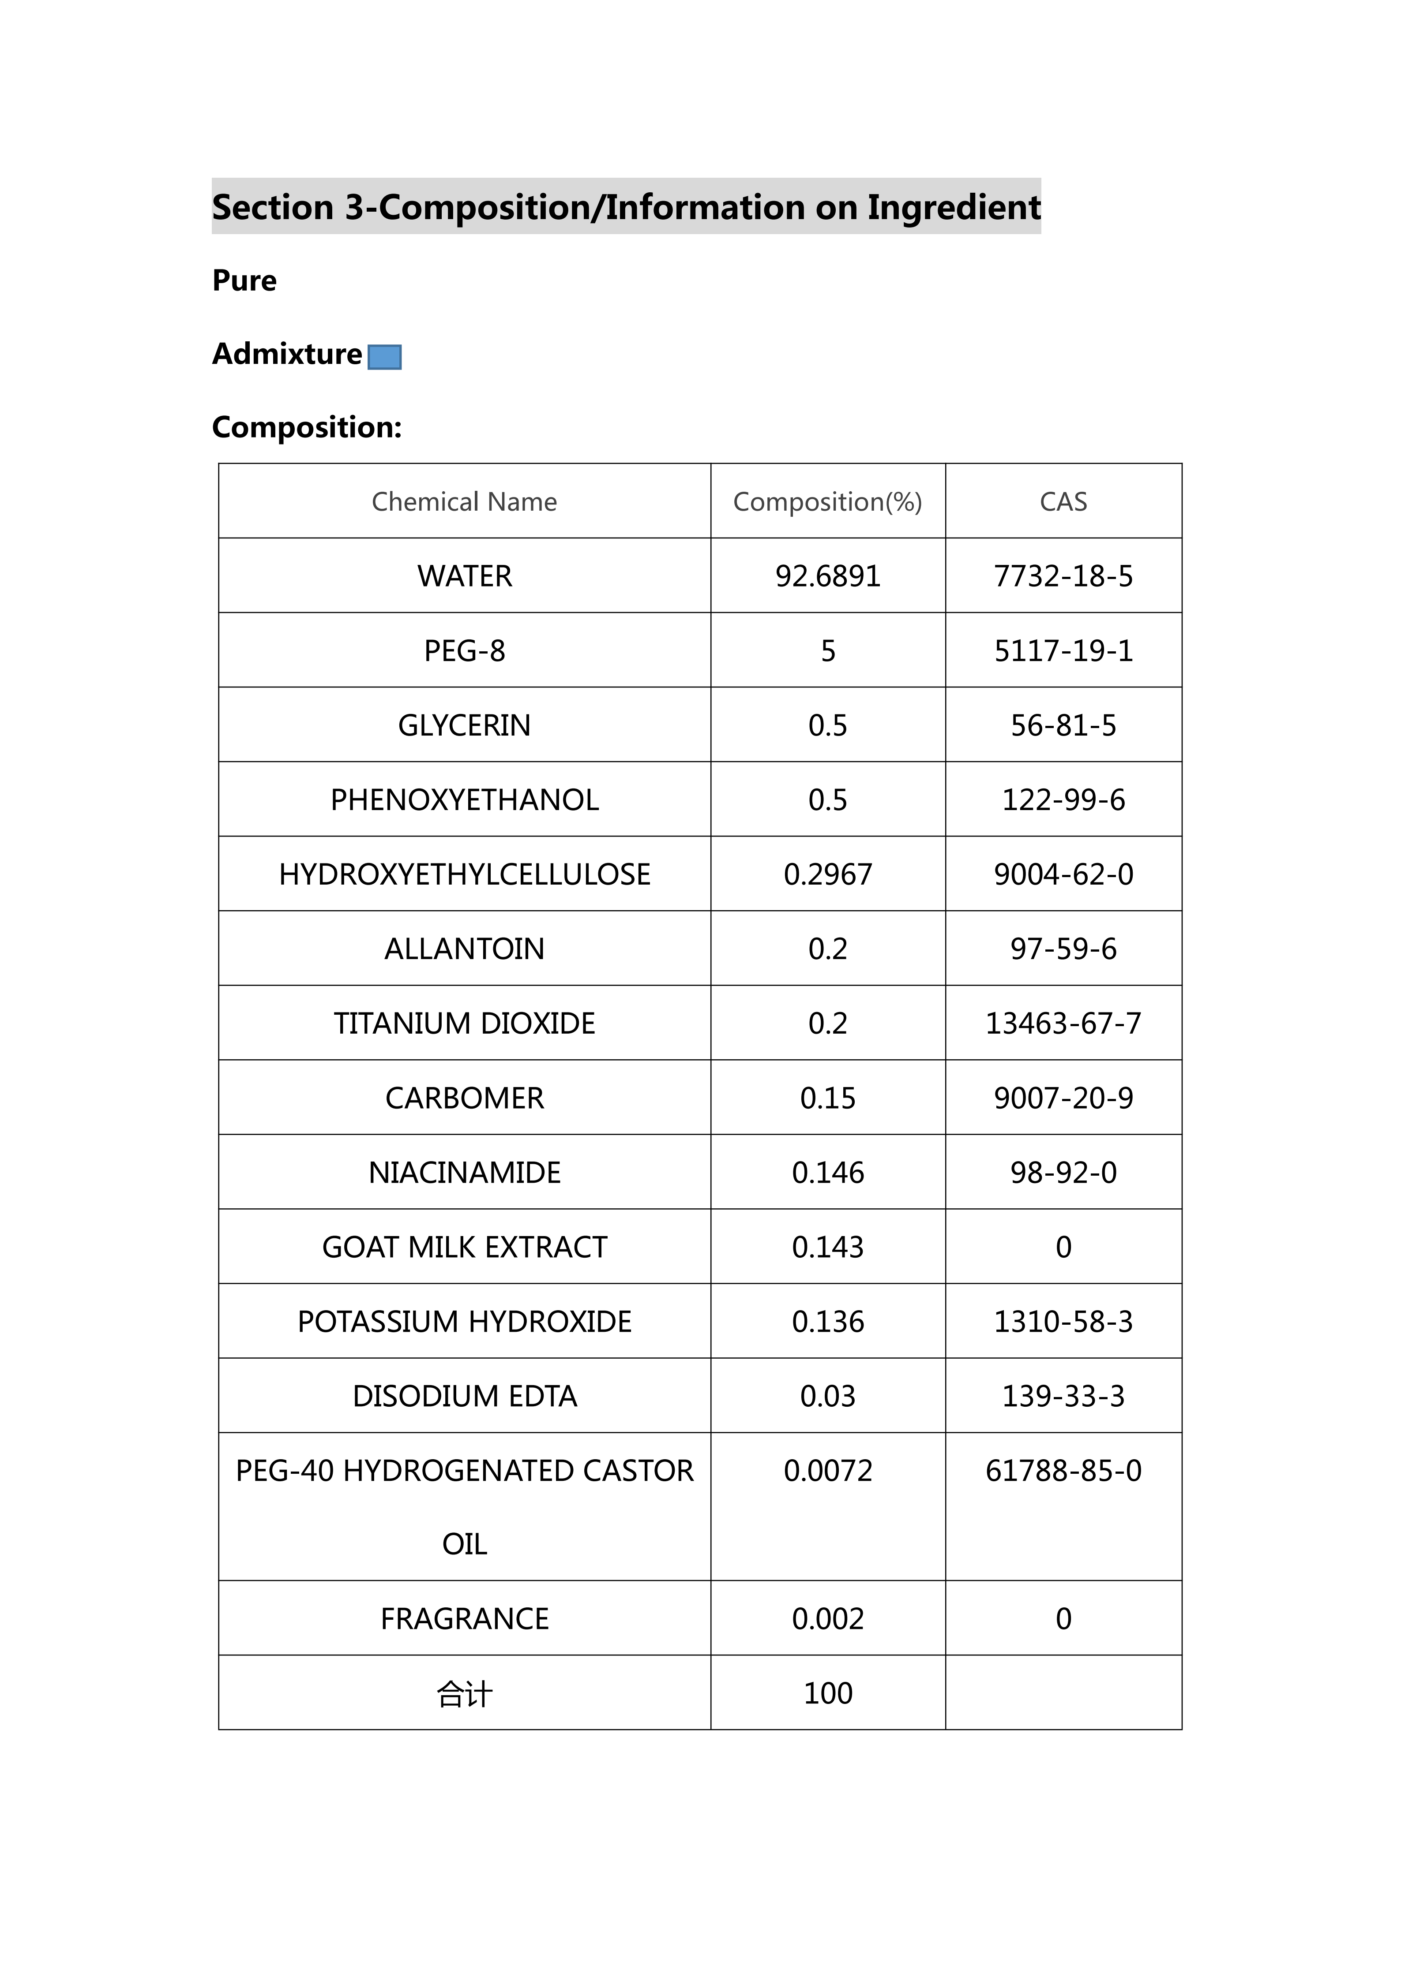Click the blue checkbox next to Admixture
(x=385, y=357)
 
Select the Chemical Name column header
(x=464, y=502)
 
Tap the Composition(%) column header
(x=827, y=502)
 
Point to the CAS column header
(x=1063, y=502)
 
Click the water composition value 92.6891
(x=827, y=576)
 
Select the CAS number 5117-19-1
(x=1063, y=651)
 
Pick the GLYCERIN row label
(x=464, y=725)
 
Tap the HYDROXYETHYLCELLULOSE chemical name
(x=464, y=874)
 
